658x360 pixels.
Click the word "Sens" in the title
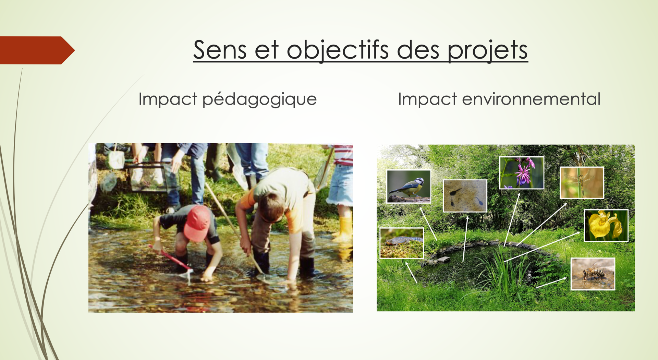click(x=220, y=50)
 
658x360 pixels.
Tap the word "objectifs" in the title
click(x=338, y=50)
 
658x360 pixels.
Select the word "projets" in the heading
click(x=487, y=51)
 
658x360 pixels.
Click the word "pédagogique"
click(x=259, y=100)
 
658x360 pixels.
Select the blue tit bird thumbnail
click(x=409, y=187)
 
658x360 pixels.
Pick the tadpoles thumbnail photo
click(x=465, y=196)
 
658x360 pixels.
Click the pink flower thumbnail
click(x=522, y=173)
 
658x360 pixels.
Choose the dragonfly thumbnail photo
click(x=582, y=183)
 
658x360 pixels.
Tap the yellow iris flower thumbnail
click(x=606, y=226)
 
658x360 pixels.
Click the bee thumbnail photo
click(x=593, y=274)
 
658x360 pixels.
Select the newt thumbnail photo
click(x=402, y=243)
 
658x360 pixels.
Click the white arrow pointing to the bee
click(x=551, y=283)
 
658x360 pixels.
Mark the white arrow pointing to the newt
click(x=411, y=273)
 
